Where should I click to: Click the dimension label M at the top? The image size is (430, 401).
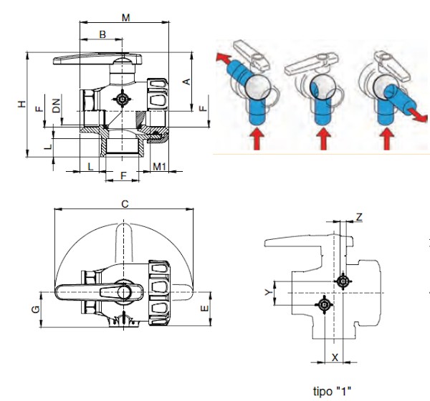coord(125,18)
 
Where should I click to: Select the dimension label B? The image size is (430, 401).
coord(102,34)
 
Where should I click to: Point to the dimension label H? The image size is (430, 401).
coord(21,104)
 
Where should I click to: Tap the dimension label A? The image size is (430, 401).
coord(186,82)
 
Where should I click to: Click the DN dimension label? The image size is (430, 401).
coord(56,105)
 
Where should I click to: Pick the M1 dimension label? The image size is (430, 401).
coord(159,166)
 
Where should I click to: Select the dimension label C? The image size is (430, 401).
coord(125,204)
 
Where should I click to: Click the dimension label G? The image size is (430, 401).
coord(36,309)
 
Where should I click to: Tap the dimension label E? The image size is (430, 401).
coord(204,309)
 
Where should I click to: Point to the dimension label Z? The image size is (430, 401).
coord(359,218)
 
